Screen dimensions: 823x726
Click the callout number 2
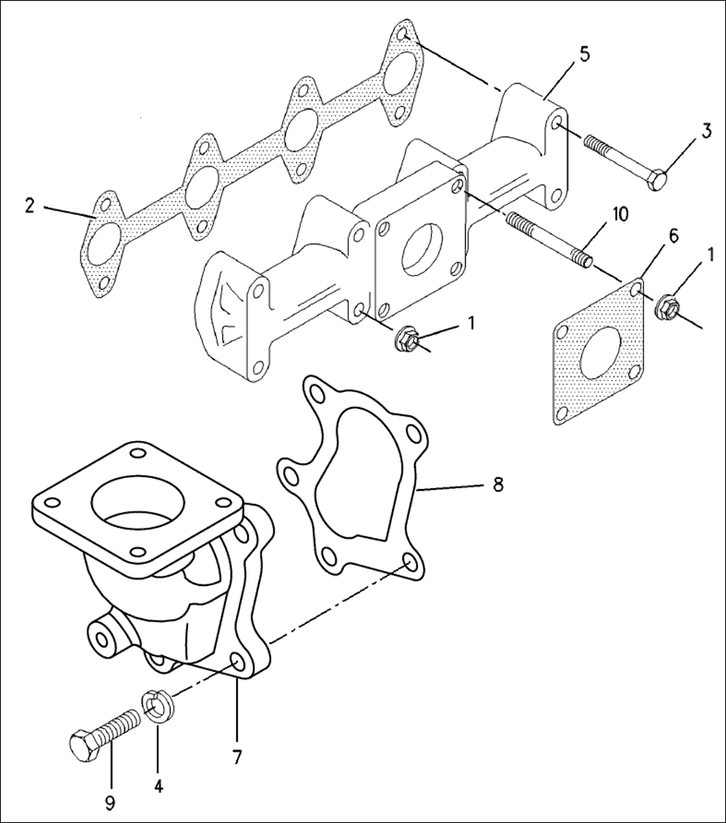coord(29,206)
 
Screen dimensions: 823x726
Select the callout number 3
coord(707,130)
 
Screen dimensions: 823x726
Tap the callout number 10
coord(620,215)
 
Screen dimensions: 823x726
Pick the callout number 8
coord(497,483)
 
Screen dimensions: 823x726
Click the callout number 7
coord(236,757)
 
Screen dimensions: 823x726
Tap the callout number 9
coord(109,802)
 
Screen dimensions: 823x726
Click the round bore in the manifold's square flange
coord(421,251)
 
